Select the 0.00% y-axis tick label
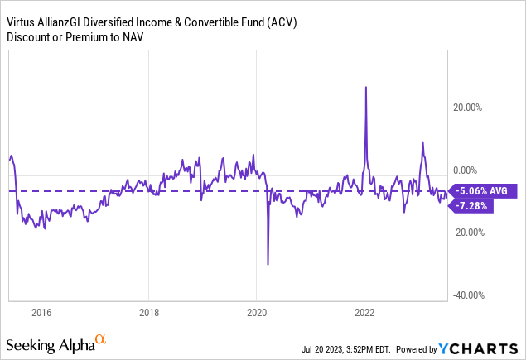[x=473, y=169]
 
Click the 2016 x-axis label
[x=41, y=314]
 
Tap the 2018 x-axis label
[x=148, y=314]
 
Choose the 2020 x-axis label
[x=257, y=314]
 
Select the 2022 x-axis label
[x=365, y=314]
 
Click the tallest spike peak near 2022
[x=365, y=87]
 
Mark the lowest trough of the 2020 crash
[x=268, y=264]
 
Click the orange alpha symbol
[x=100, y=340]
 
